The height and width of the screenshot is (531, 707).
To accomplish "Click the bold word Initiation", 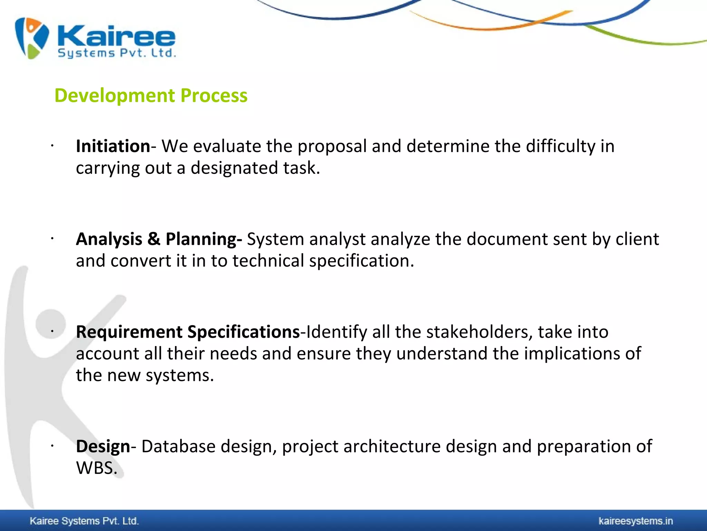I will tap(113, 146).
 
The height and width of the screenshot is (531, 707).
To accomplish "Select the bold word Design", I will tap(103, 446).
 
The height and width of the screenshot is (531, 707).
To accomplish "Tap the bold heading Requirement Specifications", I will tap(188, 332).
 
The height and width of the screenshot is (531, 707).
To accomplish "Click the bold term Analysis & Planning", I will tap(159, 239).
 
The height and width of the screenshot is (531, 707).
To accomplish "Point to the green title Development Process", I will tap(151, 95).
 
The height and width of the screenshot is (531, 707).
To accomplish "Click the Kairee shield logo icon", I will tap(32, 38).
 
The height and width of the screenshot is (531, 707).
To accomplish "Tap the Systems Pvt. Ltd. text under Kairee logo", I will tap(117, 53).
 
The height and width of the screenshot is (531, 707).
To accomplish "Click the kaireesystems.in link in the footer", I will tap(636, 521).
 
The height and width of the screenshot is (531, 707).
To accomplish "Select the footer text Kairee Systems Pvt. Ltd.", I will tap(84, 521).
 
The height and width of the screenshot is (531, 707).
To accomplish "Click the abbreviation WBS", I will tap(96, 468).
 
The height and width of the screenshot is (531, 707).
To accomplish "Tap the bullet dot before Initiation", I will tap(52, 146).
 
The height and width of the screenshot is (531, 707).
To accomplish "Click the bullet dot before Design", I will tap(52, 446).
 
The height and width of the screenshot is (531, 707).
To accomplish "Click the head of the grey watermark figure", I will tap(50, 324).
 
